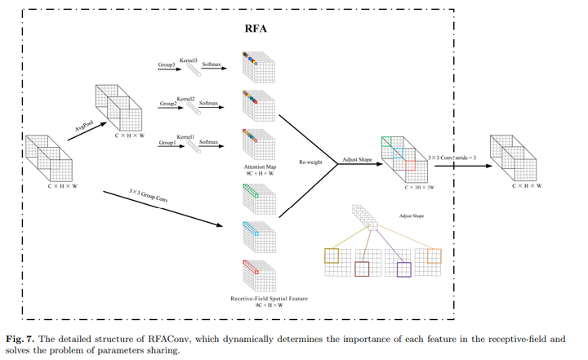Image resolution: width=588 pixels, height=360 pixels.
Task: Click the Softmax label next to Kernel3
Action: pos(211,63)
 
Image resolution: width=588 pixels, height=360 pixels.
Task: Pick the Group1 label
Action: pos(168,143)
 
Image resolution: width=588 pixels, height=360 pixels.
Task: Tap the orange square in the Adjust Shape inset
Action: pos(434,256)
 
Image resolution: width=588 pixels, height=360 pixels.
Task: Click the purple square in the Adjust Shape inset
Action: pos(403,268)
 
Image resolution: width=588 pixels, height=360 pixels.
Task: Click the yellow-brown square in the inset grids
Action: pos(332,256)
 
